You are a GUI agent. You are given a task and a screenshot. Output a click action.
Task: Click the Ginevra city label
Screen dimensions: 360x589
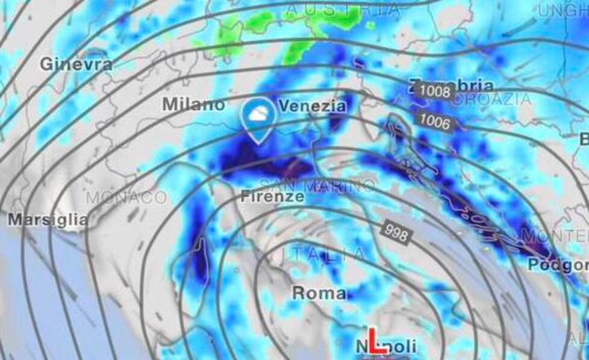click(76, 64)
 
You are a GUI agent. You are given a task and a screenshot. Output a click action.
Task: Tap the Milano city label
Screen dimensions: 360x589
click(193, 104)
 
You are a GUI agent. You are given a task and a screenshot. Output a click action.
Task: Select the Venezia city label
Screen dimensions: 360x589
click(312, 107)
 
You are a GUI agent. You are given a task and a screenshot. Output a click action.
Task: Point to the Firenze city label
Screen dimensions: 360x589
click(272, 196)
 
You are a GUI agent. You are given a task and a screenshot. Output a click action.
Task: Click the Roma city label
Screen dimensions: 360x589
click(319, 293)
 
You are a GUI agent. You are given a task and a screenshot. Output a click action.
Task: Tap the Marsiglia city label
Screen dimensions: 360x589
click(48, 220)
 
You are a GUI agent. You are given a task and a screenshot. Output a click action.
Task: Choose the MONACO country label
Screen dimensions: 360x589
click(126, 197)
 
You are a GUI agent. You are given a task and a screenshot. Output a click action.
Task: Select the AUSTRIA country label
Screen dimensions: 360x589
click(342, 10)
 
